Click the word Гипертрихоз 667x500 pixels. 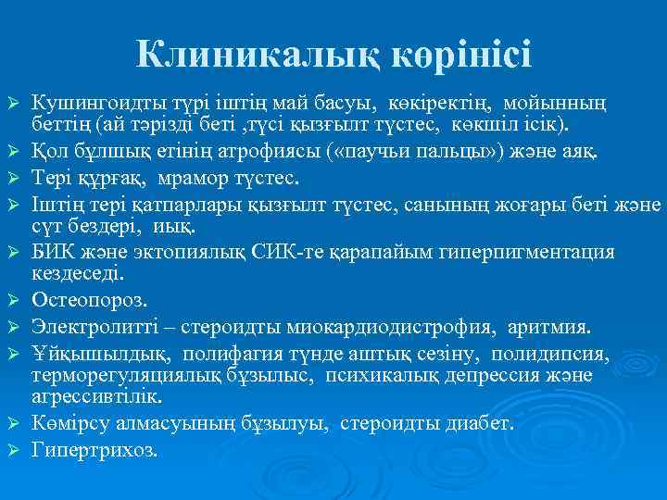94,450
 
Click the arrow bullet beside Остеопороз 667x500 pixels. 12,301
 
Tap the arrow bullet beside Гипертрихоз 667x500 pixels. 12,450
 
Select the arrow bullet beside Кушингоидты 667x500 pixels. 12,100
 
